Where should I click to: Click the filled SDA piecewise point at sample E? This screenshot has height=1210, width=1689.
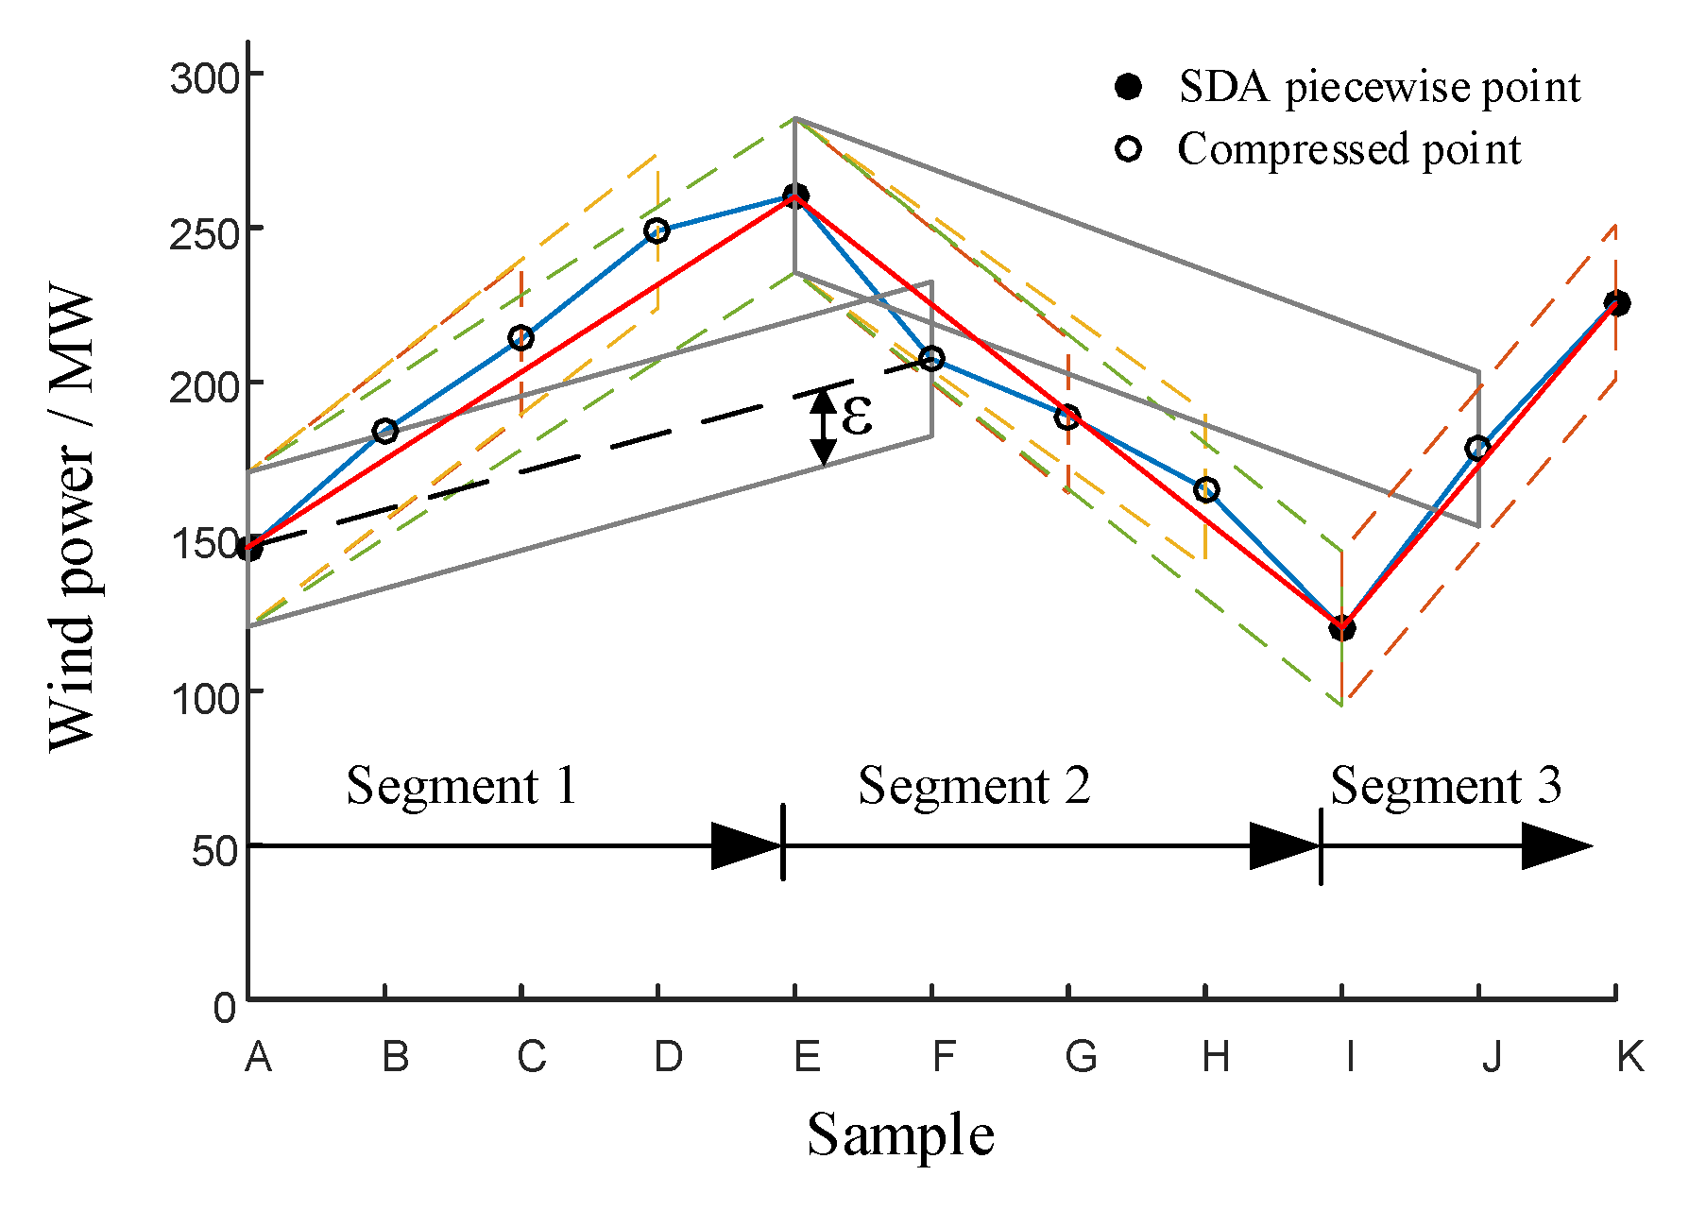[795, 196]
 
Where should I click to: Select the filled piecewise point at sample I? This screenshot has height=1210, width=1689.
[1341, 628]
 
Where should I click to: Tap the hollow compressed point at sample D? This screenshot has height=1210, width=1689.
[657, 230]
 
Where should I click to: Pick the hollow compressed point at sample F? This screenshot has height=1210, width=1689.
[931, 359]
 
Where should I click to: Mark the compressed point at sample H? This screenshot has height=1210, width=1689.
[1206, 489]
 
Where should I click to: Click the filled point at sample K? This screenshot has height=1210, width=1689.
[1616, 303]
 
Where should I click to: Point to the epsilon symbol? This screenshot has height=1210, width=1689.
[856, 417]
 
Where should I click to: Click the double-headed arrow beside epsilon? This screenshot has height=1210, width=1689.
[824, 427]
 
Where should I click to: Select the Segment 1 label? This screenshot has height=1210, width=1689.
[461, 786]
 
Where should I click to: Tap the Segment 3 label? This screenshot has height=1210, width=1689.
[1445, 786]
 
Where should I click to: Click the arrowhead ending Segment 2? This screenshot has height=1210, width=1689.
[1283, 845]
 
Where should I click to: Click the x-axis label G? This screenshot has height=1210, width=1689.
[1080, 1057]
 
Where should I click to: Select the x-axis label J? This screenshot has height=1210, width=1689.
[1491, 1057]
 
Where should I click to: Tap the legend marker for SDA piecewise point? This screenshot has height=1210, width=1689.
[1128, 87]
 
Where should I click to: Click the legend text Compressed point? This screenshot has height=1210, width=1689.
[1349, 149]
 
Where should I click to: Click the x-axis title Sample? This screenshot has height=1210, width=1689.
[900, 1134]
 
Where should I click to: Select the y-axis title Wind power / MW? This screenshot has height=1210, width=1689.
[73, 518]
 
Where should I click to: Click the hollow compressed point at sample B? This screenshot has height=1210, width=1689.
[384, 432]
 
